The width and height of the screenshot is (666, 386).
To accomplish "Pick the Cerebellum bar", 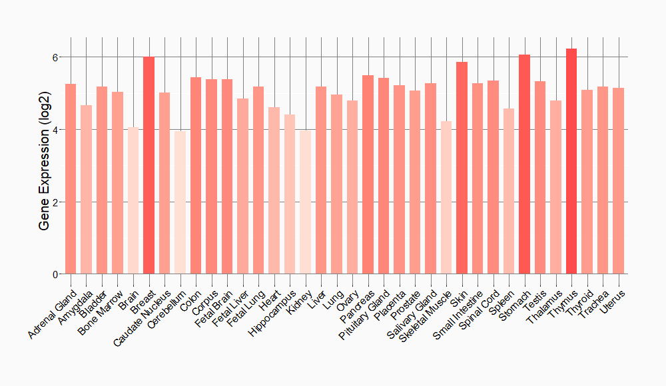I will coord(180,202).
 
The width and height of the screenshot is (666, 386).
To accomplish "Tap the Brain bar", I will coord(133,200).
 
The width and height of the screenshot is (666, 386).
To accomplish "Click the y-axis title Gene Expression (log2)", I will coord(45,166).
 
